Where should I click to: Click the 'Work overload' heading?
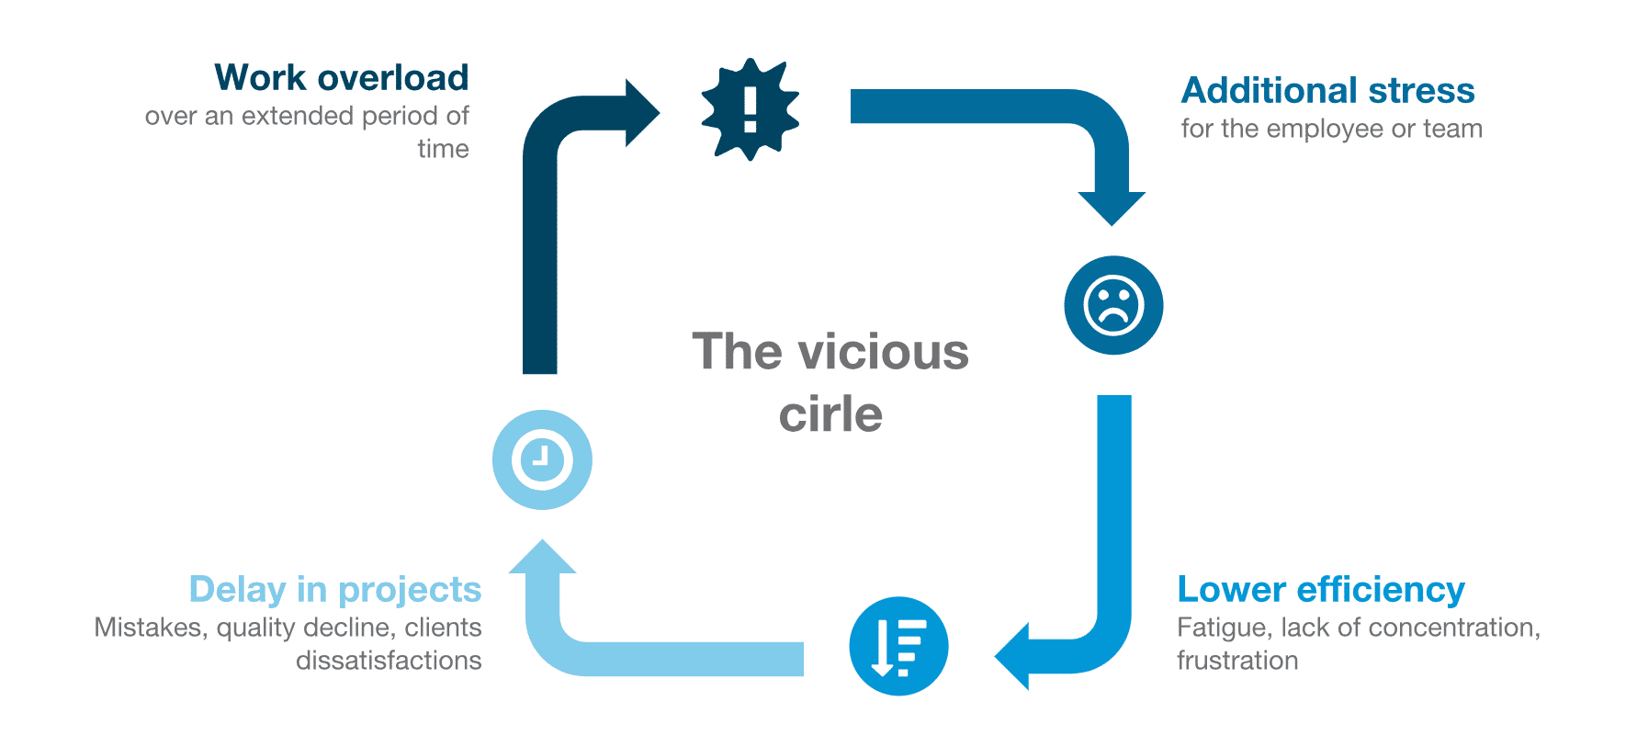341,78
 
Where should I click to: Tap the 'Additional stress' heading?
1327,91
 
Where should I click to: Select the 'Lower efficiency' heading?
1320,590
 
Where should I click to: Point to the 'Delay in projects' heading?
334,590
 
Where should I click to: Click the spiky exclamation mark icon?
750,109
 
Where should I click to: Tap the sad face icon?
1113,305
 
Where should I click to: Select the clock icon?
542,459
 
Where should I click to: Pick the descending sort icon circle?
898,646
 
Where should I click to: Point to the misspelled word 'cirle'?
830,414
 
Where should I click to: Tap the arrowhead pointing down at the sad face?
1112,207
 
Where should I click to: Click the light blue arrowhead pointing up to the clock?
542,557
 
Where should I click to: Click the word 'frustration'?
1236,661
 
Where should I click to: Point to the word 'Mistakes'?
151,628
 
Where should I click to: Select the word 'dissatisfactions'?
389,661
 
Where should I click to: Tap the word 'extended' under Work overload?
298,117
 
